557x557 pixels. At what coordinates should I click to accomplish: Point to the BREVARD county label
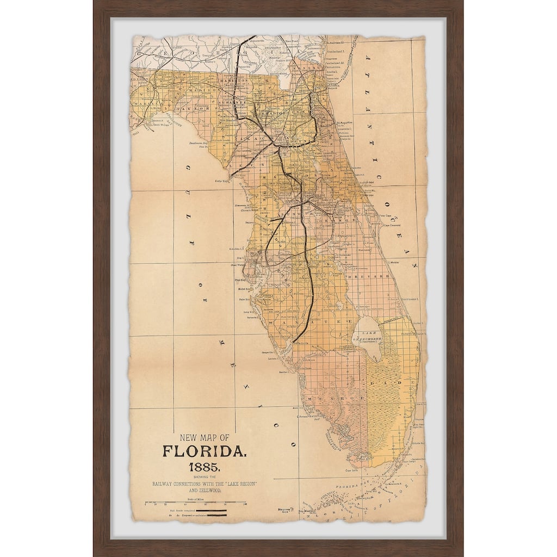(x=376, y=276)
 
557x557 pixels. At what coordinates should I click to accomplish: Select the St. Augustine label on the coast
(x=345, y=123)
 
